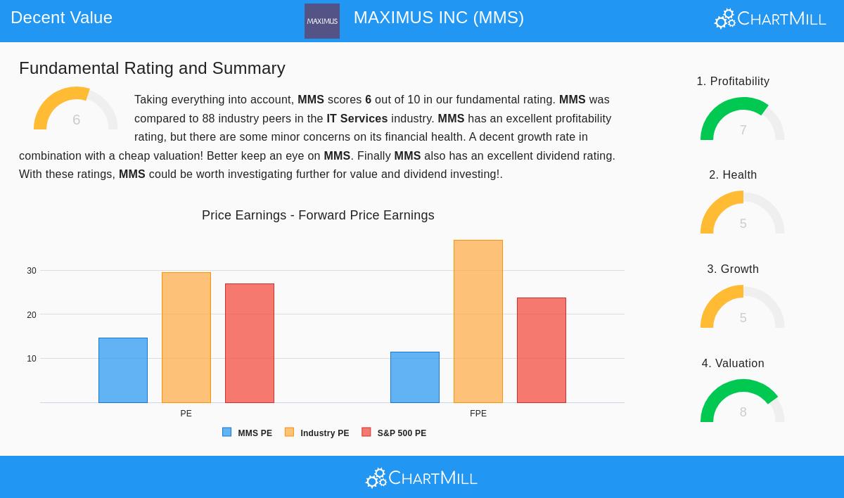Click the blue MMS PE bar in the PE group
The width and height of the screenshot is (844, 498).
(123, 370)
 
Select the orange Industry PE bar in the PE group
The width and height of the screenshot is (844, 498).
(186, 338)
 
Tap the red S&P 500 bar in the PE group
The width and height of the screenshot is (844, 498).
(250, 343)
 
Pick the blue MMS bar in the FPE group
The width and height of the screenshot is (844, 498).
(415, 377)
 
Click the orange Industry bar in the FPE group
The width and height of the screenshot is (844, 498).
(478, 321)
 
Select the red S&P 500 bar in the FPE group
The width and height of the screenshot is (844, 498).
(542, 350)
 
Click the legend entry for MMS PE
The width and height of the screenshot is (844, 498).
(248, 433)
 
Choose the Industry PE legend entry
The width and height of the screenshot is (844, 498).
(317, 433)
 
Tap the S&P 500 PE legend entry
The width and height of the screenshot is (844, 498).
(395, 433)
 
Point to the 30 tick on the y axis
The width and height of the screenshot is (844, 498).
(32, 271)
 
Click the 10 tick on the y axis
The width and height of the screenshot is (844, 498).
(32, 359)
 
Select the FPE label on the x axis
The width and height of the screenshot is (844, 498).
(478, 414)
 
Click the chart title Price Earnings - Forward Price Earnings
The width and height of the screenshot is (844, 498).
(318, 215)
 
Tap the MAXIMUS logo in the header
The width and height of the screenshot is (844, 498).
(322, 21)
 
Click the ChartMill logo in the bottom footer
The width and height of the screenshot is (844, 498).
(421, 478)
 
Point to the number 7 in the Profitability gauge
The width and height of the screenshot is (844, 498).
(743, 130)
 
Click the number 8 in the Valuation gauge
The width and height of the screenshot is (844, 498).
(743, 412)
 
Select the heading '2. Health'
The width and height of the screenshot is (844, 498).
(733, 175)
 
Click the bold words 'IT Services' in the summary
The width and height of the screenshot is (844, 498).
(357, 119)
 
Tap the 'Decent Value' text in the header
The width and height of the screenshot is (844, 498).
(62, 18)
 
